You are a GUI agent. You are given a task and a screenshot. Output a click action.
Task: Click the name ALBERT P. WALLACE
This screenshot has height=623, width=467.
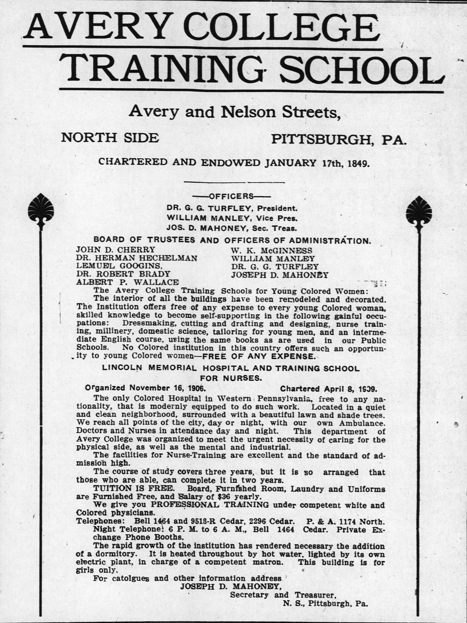click(127, 282)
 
